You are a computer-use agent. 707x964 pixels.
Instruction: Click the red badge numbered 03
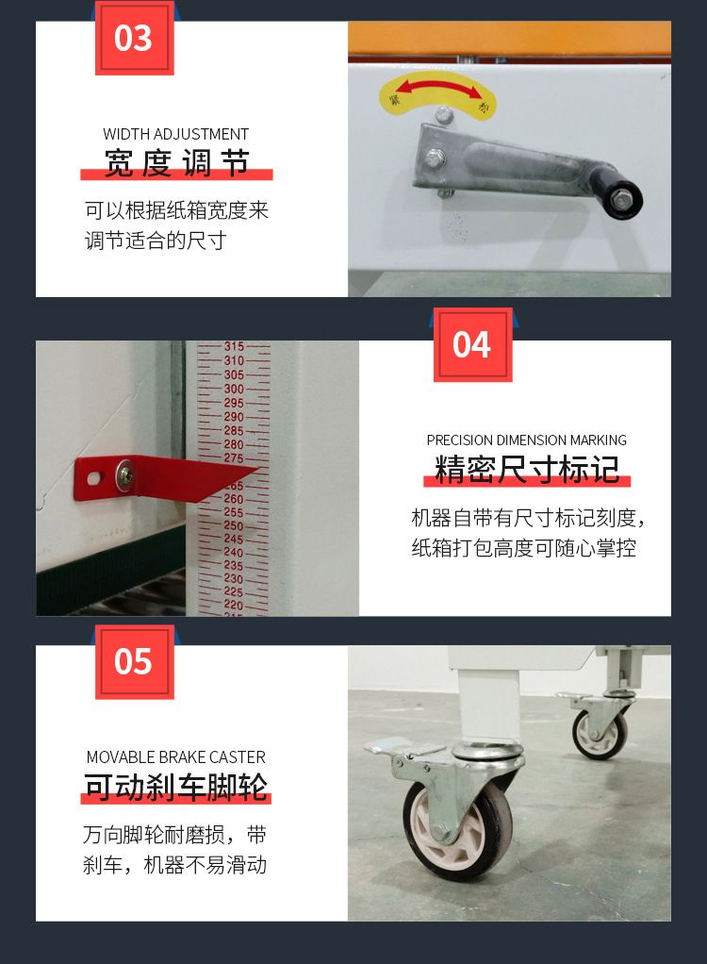click(x=135, y=38)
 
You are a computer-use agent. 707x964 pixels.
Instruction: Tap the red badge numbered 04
click(x=473, y=344)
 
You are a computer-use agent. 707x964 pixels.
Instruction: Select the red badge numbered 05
click(x=135, y=661)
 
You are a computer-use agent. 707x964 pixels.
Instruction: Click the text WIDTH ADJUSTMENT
click(x=175, y=134)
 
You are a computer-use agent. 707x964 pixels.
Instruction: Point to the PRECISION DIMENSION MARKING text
click(x=526, y=440)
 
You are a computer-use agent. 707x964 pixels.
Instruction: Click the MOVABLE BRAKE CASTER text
click(x=175, y=756)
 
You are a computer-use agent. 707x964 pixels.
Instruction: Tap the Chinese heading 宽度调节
click(x=176, y=163)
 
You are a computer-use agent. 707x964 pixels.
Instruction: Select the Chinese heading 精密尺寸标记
click(x=527, y=470)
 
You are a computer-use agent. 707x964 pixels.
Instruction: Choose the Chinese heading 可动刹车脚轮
click(x=176, y=787)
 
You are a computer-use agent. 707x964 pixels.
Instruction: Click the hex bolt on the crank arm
click(x=434, y=158)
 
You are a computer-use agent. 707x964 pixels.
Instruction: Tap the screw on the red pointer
click(x=125, y=474)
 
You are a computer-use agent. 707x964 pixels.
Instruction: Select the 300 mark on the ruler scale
click(x=234, y=389)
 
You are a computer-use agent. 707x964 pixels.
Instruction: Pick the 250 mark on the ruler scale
click(x=234, y=525)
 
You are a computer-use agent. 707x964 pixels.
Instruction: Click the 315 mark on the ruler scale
click(x=234, y=347)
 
